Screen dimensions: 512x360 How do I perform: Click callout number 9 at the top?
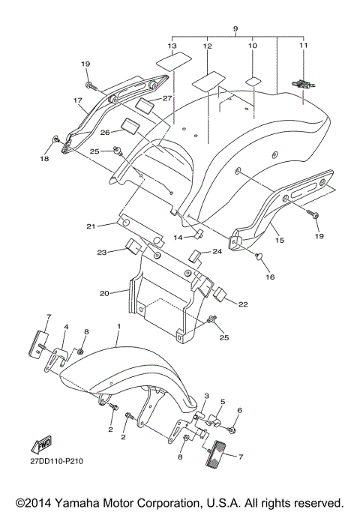pos(235,28)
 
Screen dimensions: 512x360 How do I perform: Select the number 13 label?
pos(172,46)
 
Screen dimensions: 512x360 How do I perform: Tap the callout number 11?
pos(303,46)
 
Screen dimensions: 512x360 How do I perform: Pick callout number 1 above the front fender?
pos(118,328)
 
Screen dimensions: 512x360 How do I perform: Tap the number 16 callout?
pos(269,277)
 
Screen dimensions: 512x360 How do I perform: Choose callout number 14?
pos(178,238)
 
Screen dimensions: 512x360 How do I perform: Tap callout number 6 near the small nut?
pos(240,411)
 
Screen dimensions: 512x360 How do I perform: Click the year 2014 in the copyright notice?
pos(31,502)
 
